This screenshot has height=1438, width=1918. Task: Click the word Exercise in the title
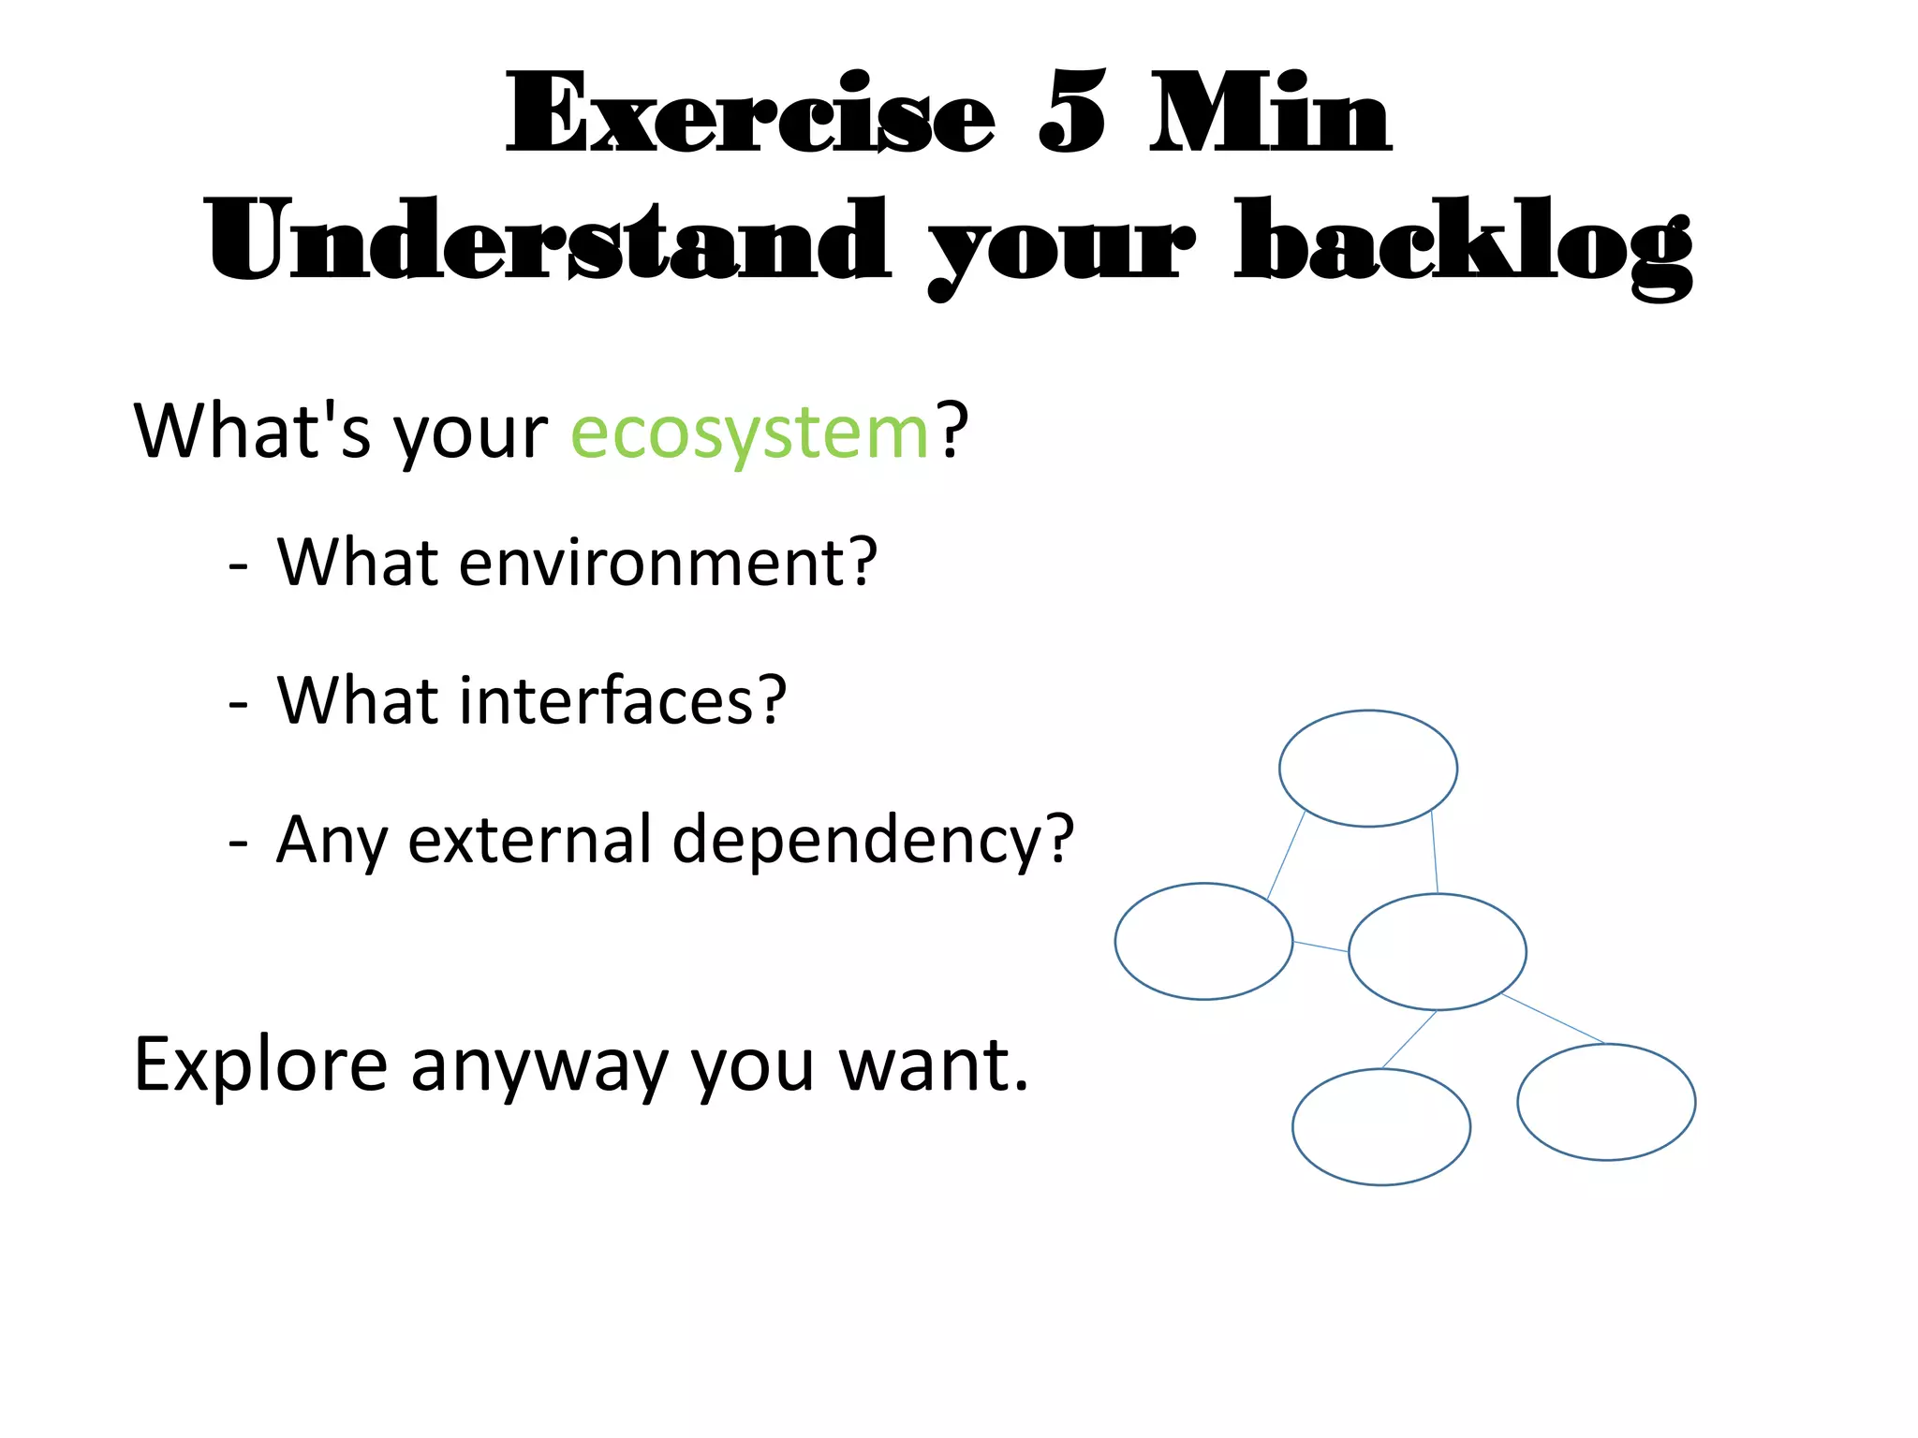click(749, 114)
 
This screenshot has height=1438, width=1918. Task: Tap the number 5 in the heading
click(1072, 114)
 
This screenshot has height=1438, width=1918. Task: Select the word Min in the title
click(1271, 114)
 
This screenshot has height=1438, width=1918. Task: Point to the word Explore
click(260, 1064)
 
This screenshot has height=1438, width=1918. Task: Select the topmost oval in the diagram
click(1367, 769)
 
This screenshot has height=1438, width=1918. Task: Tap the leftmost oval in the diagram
click(1203, 941)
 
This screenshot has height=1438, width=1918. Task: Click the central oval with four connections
click(1437, 952)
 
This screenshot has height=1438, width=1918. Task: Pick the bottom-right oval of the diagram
click(1606, 1102)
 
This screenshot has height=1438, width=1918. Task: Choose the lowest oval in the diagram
click(1380, 1127)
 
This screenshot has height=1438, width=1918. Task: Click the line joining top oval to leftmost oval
click(1286, 856)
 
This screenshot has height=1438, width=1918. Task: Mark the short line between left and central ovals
click(1320, 946)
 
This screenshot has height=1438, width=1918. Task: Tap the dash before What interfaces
click(239, 702)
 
